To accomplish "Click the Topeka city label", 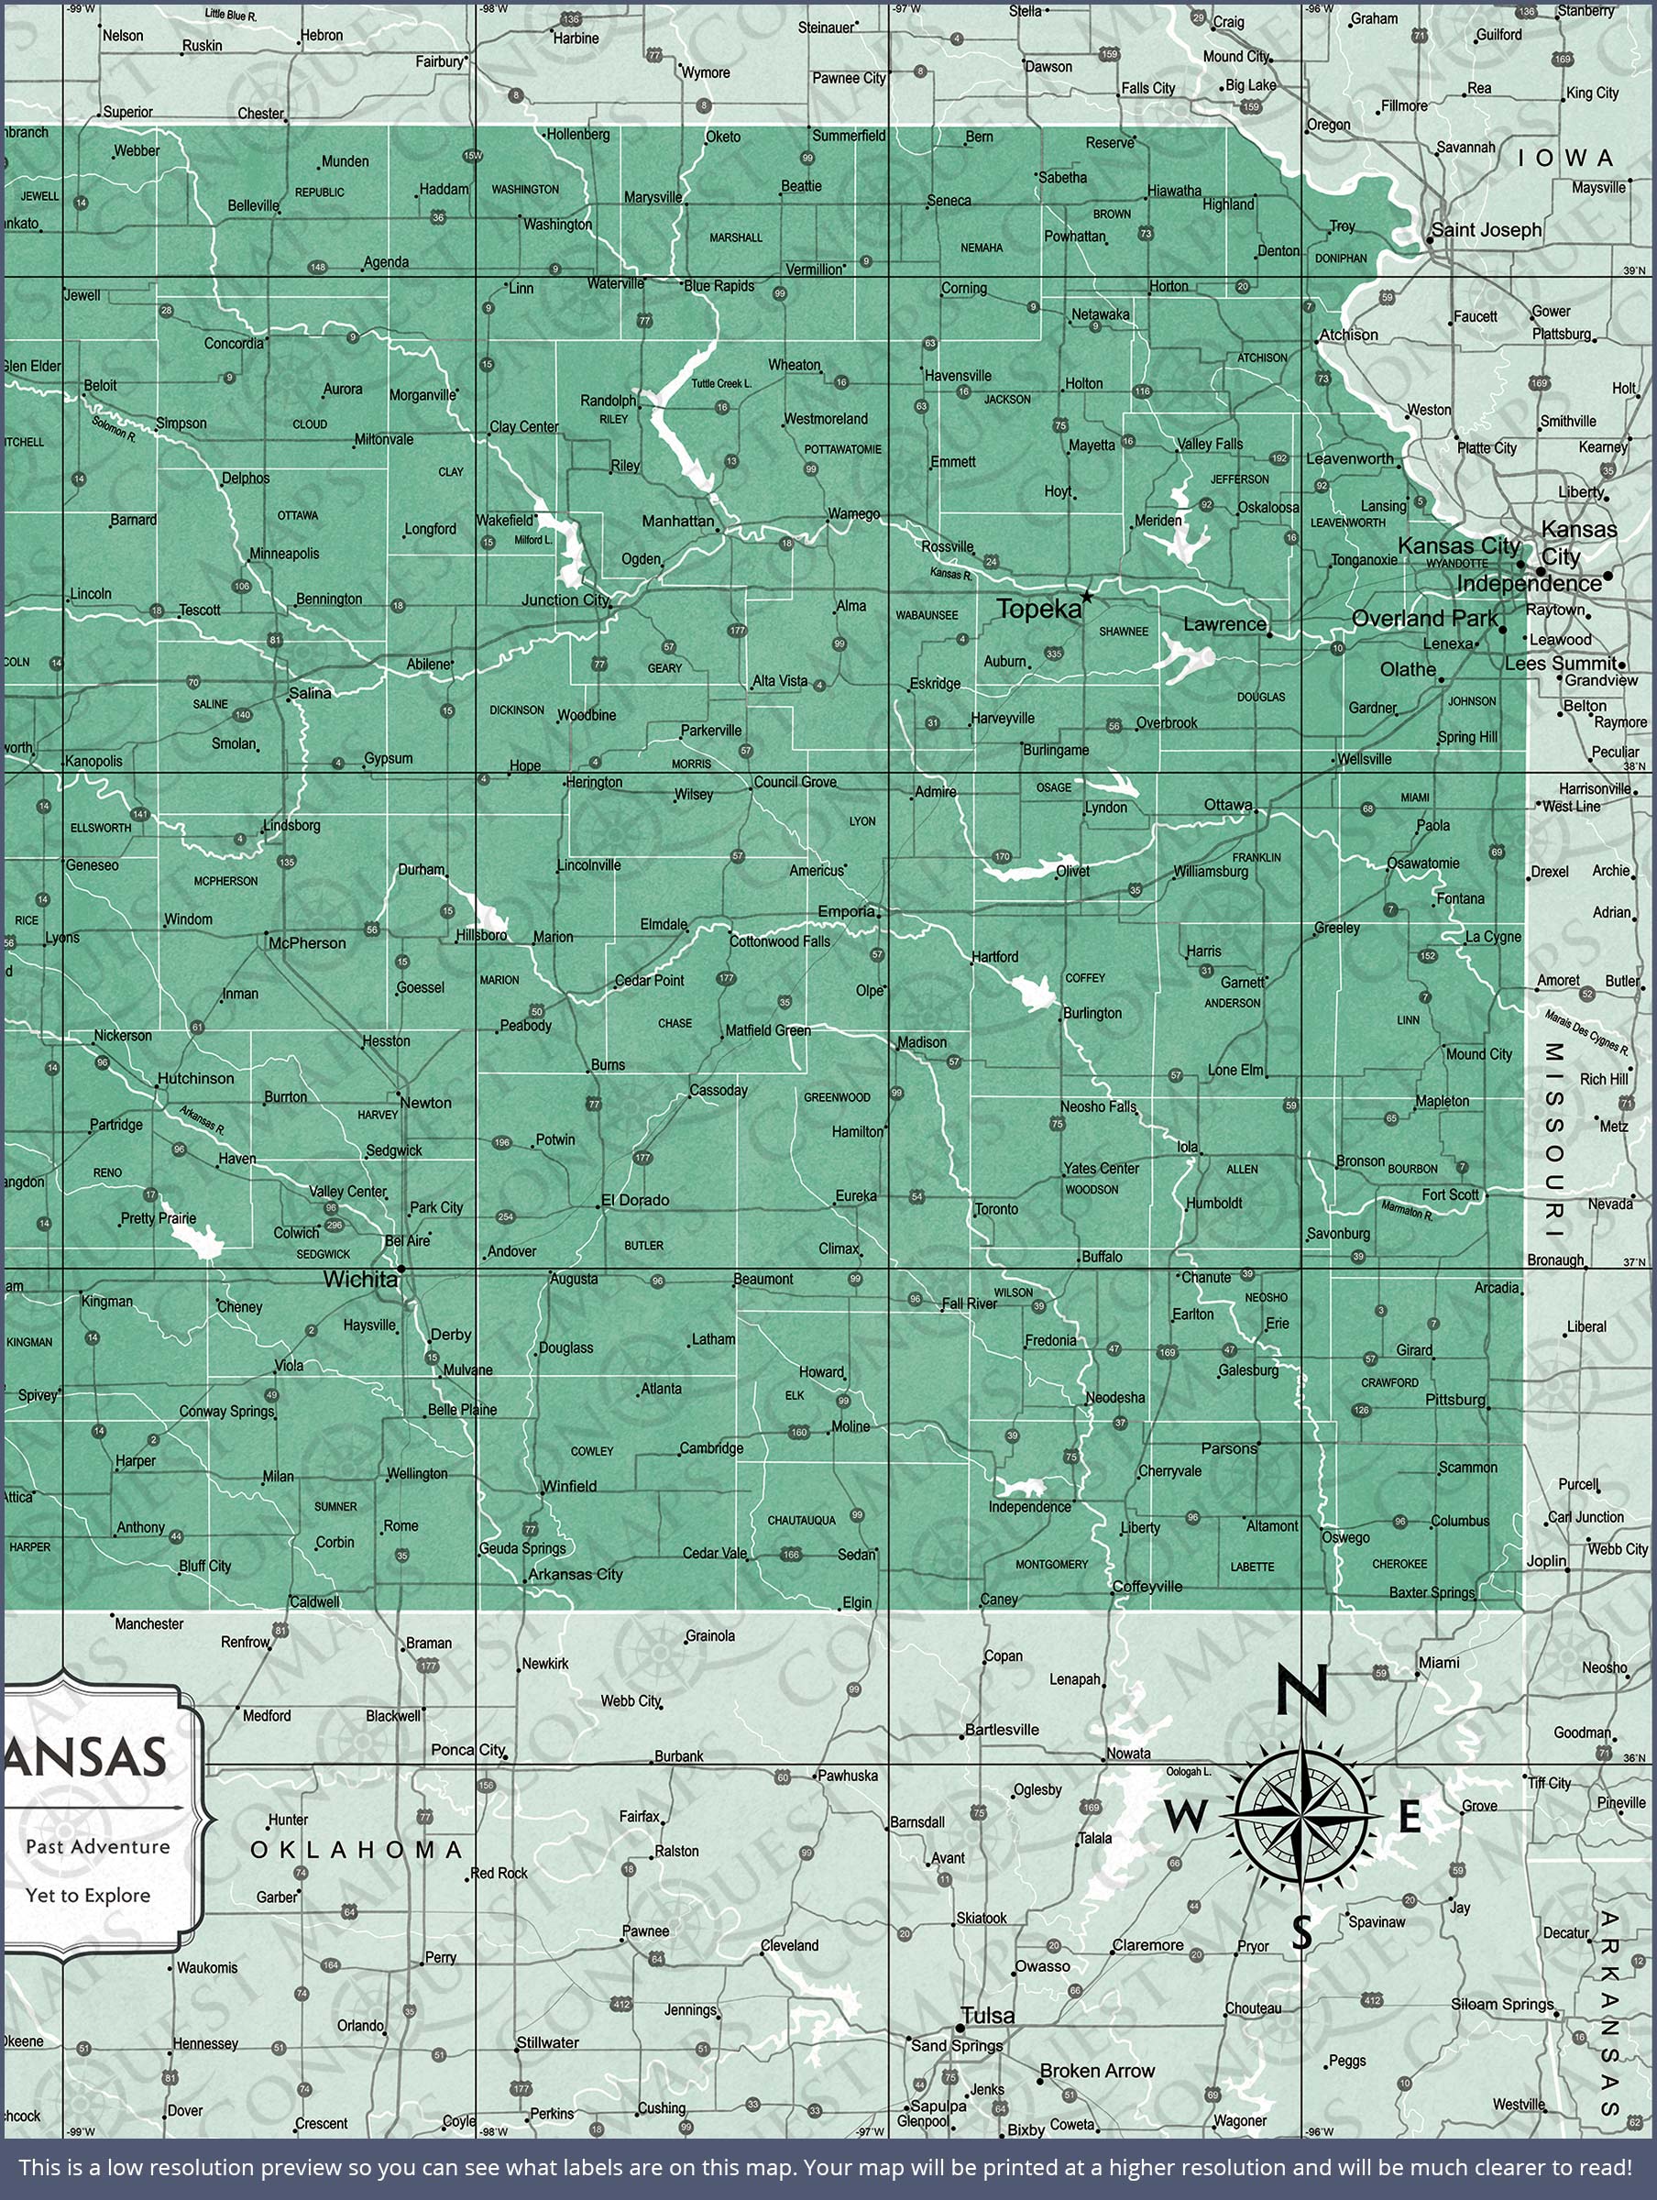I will coord(1037,610).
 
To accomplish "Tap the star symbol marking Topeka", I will coord(1086,597).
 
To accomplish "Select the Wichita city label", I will coord(360,1280).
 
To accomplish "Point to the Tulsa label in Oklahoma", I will coord(989,2015).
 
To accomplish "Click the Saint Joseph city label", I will coord(1486,230).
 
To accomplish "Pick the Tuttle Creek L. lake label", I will coord(721,383).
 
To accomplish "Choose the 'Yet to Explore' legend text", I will coord(88,1896).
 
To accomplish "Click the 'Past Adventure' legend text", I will coord(97,1847).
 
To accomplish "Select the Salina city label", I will coord(310,692).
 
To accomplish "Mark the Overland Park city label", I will coord(1424,618).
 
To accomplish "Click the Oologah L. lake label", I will coord(1188,1771).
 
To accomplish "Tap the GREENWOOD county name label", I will coord(837,1097).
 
